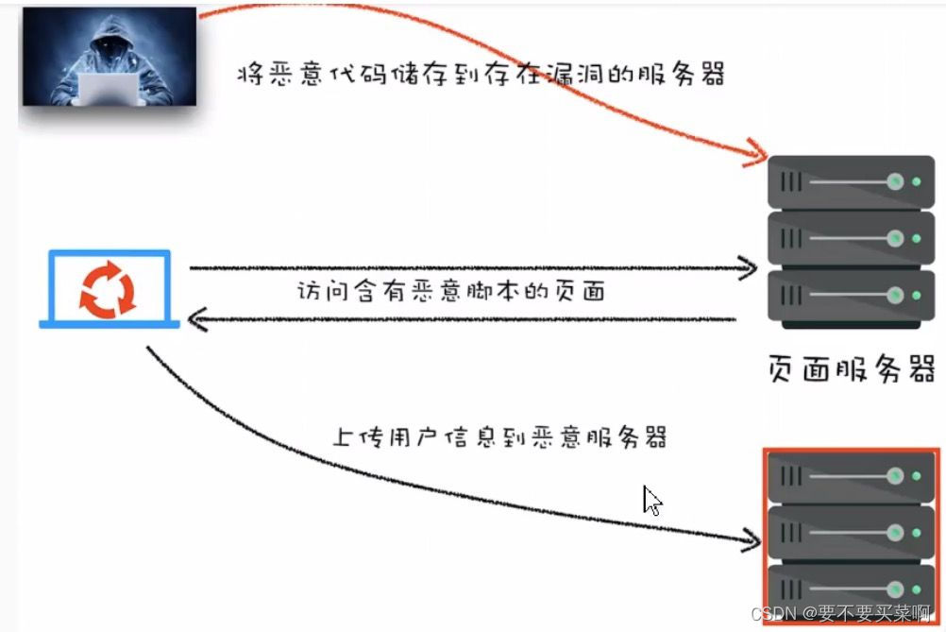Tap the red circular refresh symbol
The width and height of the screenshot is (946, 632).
coord(108,288)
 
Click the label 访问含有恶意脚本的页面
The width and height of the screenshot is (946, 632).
coord(449,292)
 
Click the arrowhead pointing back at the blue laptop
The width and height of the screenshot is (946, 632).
coord(196,319)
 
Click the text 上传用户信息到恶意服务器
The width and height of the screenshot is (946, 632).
coord(500,437)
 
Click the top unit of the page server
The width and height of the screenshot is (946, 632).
coord(851,181)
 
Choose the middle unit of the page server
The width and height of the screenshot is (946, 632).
coord(851,238)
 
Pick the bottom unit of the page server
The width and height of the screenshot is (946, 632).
coord(851,296)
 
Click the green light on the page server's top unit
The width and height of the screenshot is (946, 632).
coord(915,181)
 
